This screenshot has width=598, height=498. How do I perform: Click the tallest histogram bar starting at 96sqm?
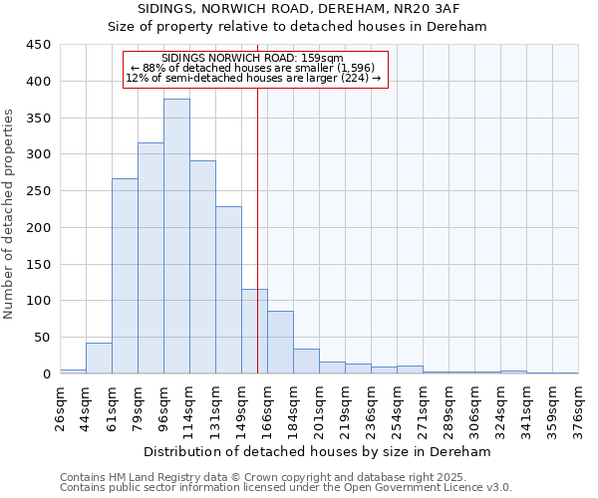coord(176,236)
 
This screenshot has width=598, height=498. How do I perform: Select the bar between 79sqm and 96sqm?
coord(150,258)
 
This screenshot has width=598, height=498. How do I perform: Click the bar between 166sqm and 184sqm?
coord(280,343)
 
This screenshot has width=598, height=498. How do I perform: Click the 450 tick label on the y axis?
coord(38,45)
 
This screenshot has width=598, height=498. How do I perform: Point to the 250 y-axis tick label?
coord(38,191)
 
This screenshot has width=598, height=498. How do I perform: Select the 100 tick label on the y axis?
coord(38,301)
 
